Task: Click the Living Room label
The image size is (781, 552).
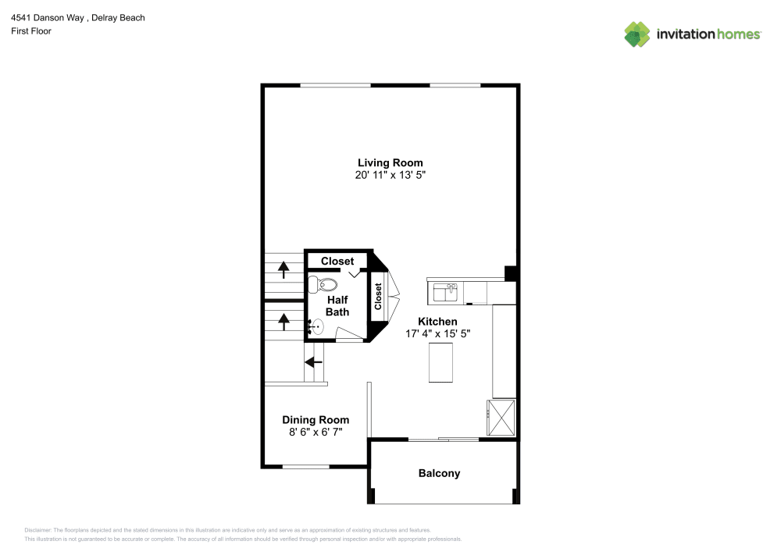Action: click(x=390, y=162)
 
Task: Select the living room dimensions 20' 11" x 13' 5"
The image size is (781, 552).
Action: click(x=390, y=176)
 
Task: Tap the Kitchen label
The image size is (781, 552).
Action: click(x=437, y=321)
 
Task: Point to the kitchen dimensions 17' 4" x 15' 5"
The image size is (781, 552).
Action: click(x=437, y=333)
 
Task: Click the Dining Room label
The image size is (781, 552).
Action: click(x=316, y=419)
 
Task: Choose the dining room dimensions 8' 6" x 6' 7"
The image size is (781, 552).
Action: click(x=316, y=432)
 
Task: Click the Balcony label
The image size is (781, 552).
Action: click(x=439, y=473)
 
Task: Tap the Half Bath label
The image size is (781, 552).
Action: click(x=337, y=305)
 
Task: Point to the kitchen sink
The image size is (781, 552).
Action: click(x=446, y=292)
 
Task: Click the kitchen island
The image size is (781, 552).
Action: click(x=441, y=363)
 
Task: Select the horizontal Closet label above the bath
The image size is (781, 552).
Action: click(x=337, y=261)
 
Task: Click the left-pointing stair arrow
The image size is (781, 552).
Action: click(x=314, y=361)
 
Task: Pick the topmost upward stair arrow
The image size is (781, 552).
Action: click(x=283, y=269)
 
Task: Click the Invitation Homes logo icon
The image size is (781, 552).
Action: click(x=637, y=34)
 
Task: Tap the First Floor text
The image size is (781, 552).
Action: click(x=31, y=31)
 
